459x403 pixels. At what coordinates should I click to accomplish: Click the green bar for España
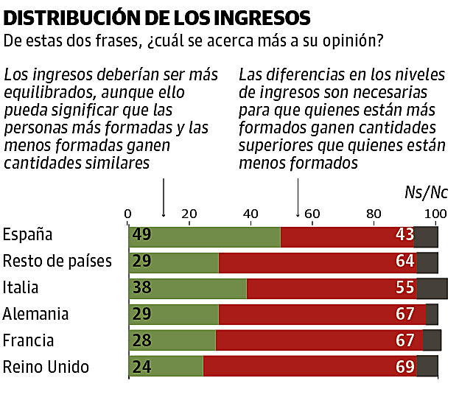[x=204, y=236]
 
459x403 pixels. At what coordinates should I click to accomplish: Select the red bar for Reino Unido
[x=309, y=366]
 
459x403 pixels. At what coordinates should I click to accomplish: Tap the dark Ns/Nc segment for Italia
[x=432, y=288]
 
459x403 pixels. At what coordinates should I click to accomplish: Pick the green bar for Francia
[x=172, y=340]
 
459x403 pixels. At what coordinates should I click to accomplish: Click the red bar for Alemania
[x=322, y=314]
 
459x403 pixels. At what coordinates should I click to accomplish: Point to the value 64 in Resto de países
[x=404, y=262]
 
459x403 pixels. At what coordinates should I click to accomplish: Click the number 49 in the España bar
[x=142, y=236]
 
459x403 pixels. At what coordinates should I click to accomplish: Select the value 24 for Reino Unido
[x=142, y=366]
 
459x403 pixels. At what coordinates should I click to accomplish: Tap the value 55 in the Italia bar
[x=404, y=288]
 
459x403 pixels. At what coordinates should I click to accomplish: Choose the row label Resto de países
[x=57, y=262]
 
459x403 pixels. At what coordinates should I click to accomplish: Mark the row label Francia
[x=31, y=340]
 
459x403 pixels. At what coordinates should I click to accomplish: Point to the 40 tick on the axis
[x=251, y=214]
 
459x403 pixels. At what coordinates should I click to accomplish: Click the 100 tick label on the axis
[x=436, y=214]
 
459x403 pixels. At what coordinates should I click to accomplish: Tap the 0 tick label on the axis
[x=128, y=214]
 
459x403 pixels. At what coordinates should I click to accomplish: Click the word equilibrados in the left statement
[x=45, y=94]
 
